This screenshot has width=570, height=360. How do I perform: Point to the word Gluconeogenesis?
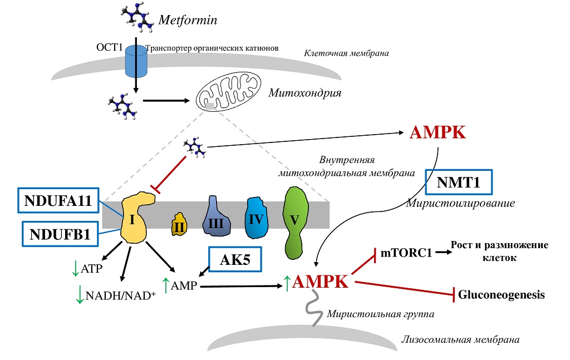(x=501, y=294)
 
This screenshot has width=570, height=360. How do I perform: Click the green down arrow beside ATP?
(x=75, y=269)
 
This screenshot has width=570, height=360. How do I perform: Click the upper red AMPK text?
(x=437, y=134)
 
